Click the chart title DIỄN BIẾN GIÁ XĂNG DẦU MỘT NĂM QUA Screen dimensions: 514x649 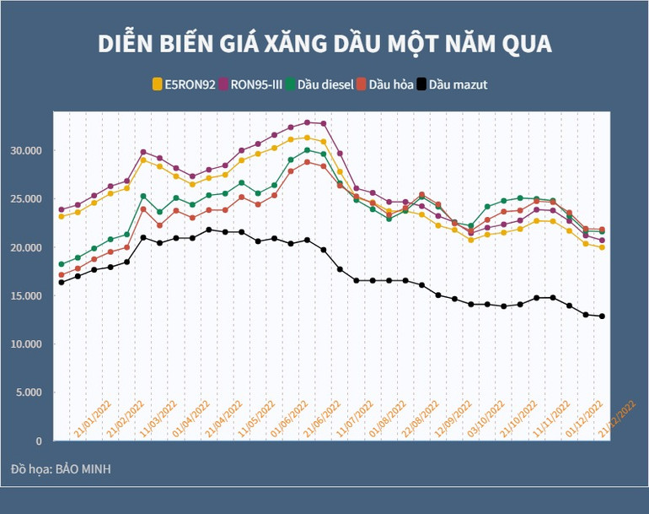[x=324, y=44]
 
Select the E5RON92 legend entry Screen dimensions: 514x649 [x=188, y=84]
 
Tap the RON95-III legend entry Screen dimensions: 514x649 [x=255, y=84]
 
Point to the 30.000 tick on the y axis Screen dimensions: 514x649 [x=25, y=150]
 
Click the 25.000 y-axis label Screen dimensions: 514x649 [x=25, y=198]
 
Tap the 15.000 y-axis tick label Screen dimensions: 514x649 [x=25, y=295]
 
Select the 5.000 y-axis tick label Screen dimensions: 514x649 [x=28, y=392]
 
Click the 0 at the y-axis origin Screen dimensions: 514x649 [x=39, y=441]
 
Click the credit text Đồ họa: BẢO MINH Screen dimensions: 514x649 [x=61, y=468]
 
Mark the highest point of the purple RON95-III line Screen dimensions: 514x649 [x=307, y=122]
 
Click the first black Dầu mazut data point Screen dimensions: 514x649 [x=62, y=282]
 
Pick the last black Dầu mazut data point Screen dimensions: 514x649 [x=602, y=317]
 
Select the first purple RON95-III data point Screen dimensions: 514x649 [x=62, y=209]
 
